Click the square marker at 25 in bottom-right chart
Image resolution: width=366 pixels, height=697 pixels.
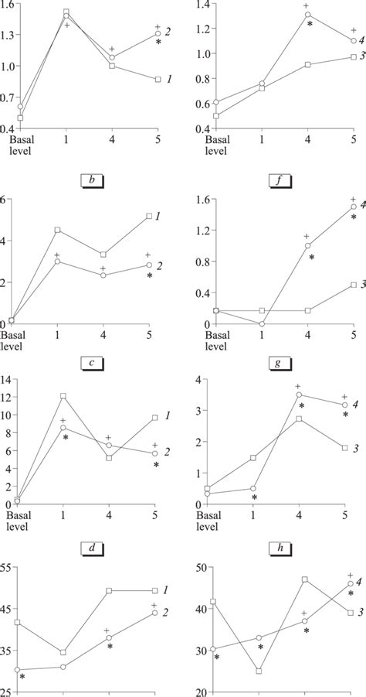point(259,671)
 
